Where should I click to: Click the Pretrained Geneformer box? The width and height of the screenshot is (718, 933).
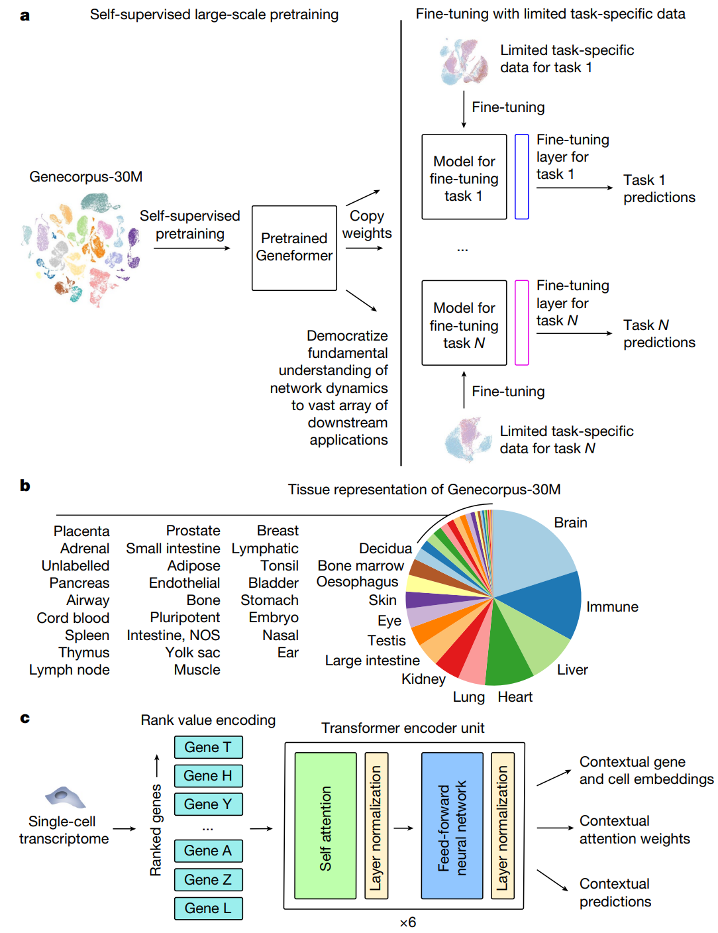(294, 248)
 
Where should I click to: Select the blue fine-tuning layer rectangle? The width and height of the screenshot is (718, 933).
(521, 176)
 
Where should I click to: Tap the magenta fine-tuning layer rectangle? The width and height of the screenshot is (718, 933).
(521, 323)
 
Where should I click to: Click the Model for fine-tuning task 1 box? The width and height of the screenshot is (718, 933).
(464, 176)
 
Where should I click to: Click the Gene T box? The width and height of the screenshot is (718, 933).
(208, 747)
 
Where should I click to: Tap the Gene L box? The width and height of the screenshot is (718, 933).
(208, 908)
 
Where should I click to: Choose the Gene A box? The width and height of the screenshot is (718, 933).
(208, 851)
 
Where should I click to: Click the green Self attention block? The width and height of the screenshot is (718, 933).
(325, 825)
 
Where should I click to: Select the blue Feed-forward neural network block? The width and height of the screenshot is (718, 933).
(452, 825)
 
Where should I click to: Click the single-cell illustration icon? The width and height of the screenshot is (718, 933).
(65, 797)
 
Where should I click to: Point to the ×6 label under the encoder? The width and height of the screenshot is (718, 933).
(408, 922)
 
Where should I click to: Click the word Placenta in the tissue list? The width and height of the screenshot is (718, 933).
(81, 531)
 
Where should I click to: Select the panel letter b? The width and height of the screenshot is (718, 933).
(25, 485)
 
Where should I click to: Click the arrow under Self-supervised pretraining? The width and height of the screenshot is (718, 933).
(192, 248)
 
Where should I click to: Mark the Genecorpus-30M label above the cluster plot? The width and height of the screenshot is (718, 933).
(86, 176)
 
